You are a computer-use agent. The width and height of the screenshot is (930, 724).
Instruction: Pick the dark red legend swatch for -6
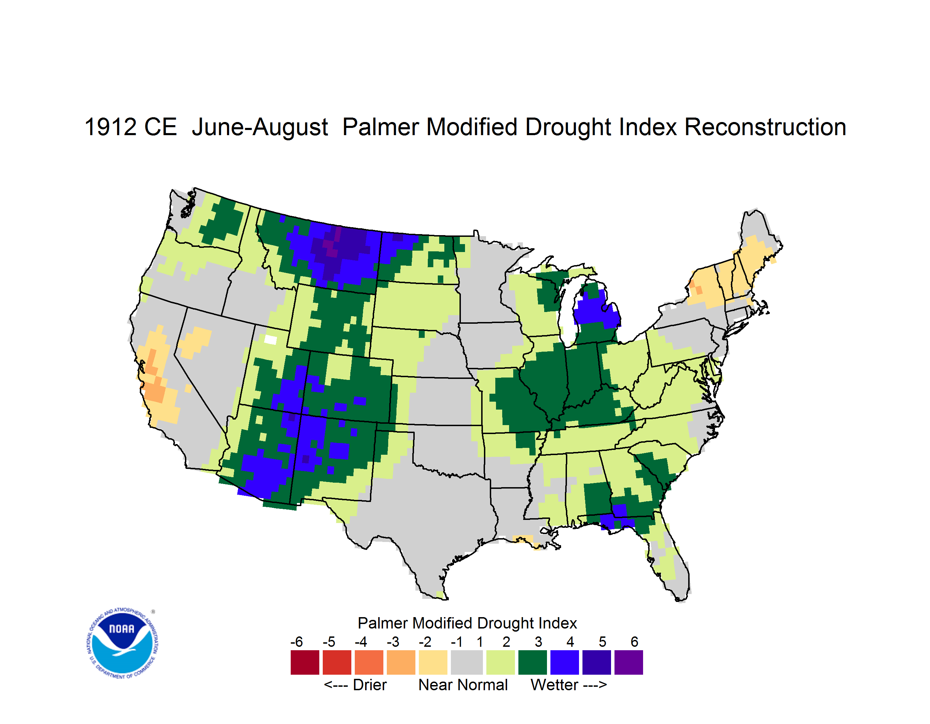click(x=305, y=662)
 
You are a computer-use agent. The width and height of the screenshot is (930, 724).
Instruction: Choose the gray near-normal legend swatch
click(x=467, y=662)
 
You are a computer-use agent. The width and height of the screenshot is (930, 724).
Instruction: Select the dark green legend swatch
click(x=532, y=662)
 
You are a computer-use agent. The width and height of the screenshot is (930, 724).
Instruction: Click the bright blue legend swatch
click(x=564, y=662)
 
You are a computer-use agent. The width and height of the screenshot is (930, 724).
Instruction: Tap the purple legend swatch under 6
click(x=629, y=662)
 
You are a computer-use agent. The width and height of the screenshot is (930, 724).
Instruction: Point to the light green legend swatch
click(x=500, y=662)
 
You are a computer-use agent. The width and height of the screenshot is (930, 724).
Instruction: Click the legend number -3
click(x=393, y=642)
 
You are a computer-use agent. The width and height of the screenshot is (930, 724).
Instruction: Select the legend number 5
click(x=602, y=642)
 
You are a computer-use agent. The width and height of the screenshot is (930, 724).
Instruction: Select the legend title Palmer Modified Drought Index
click(x=467, y=623)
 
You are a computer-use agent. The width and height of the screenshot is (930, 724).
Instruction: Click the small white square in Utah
click(x=270, y=340)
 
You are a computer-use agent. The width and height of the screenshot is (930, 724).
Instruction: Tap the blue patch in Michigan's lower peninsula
click(x=595, y=309)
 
